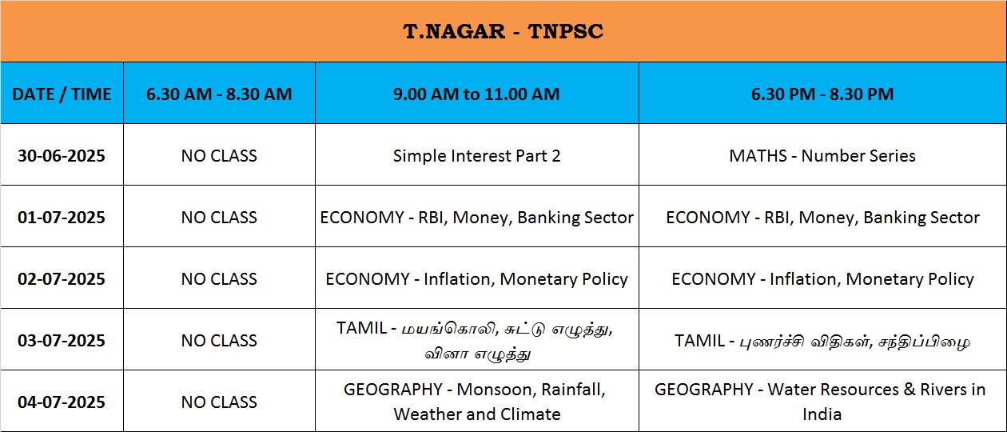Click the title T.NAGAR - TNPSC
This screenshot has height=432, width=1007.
point(503,31)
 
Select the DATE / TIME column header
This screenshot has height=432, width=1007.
point(62,94)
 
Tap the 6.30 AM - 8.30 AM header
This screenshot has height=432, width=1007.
point(219,94)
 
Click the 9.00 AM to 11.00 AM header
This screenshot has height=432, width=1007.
point(476,94)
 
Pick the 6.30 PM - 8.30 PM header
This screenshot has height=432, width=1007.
point(822,94)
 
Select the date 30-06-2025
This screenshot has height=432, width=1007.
point(62,156)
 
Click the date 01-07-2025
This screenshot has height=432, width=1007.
point(62,218)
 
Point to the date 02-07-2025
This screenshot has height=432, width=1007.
point(62,279)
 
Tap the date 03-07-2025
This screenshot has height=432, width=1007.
point(62,341)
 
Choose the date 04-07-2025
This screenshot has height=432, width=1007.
point(62,402)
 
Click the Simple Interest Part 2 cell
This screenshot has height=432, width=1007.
point(476,156)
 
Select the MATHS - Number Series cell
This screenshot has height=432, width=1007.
point(822,156)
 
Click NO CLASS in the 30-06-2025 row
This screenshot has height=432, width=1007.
point(219,156)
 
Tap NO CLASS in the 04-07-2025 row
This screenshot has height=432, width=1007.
point(219,402)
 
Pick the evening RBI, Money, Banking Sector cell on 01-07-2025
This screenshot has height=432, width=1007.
point(822,218)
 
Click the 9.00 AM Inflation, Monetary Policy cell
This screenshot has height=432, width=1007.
point(476,279)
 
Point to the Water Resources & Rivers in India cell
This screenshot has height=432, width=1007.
point(820,402)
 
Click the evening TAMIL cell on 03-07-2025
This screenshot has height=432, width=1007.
point(822,341)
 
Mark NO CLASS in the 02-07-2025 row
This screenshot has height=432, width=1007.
point(219,279)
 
